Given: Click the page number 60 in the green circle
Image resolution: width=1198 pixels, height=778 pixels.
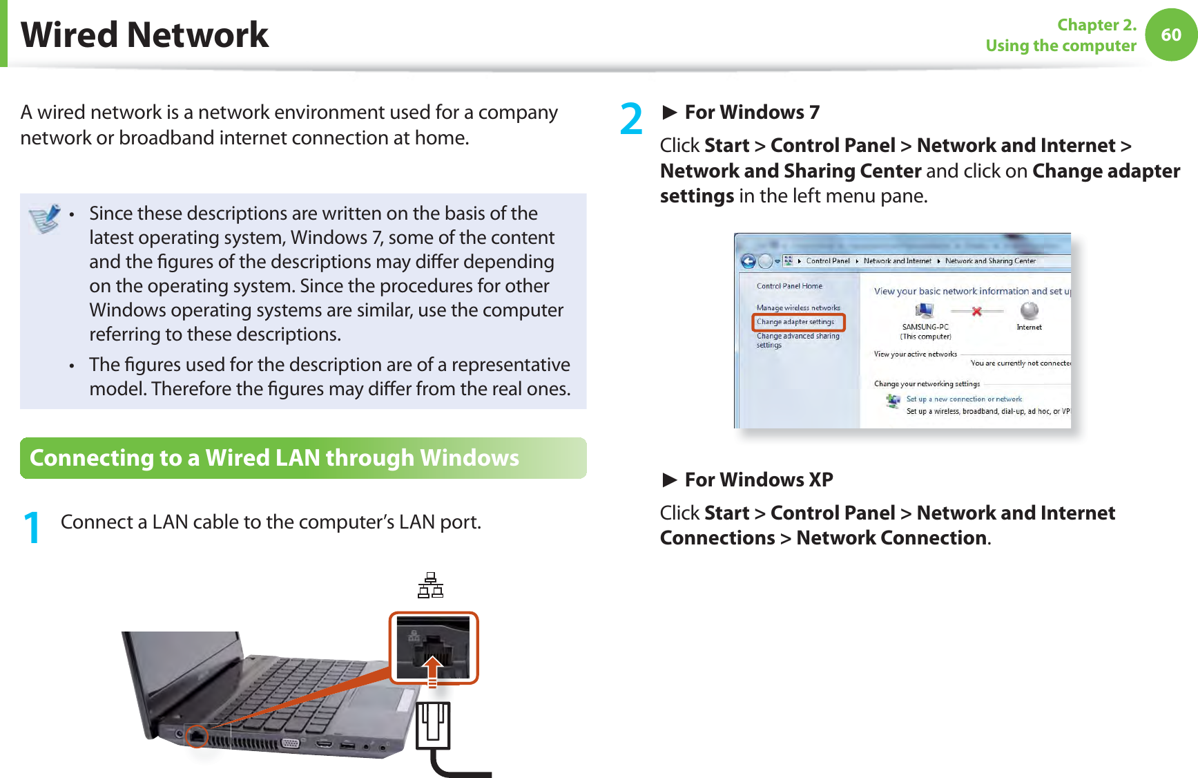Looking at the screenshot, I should click(1170, 35).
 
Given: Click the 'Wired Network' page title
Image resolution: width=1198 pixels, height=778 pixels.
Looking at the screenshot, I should click(144, 35).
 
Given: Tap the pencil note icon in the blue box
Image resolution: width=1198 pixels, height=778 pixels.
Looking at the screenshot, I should click(45, 218).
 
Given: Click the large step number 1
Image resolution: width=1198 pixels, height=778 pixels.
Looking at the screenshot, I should click(32, 528).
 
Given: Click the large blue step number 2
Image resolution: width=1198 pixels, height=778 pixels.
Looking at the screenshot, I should click(631, 119).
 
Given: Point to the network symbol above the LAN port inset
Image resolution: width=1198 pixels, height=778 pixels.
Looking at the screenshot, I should click(430, 585).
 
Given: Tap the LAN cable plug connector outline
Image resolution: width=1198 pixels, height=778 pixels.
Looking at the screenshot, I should click(433, 725).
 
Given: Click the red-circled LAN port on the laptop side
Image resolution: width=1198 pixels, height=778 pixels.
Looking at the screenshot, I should click(197, 736).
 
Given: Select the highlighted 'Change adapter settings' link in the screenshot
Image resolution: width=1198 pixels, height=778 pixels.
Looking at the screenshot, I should click(795, 322).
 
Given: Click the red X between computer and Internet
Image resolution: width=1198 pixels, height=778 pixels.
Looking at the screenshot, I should click(976, 312).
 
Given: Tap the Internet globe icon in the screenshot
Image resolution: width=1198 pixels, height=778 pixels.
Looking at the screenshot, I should click(1029, 310).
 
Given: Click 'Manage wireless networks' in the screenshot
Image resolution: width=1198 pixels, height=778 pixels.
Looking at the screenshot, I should click(798, 308).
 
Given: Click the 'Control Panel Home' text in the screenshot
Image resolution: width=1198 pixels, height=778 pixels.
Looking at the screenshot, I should click(789, 286).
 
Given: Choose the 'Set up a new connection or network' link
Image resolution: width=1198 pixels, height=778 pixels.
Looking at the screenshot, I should click(964, 399).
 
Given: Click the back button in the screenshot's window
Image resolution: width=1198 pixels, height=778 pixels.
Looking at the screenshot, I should click(748, 261).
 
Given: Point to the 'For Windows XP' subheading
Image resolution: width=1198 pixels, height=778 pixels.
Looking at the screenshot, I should click(758, 480).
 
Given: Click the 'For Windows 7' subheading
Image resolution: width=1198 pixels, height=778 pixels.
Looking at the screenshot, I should click(751, 112).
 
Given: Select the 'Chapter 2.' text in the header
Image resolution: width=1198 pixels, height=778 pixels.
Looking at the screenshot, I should click(1096, 25).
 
